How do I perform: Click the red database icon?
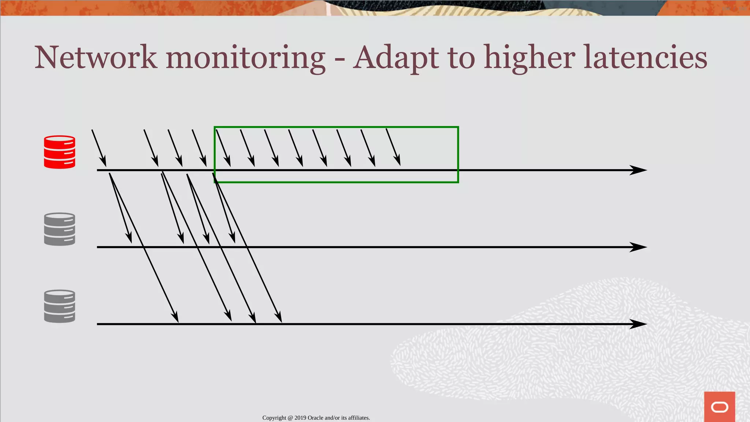coord(59,152)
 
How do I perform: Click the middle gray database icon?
coord(59,229)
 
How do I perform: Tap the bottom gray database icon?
coord(59,306)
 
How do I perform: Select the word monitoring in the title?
coord(245,59)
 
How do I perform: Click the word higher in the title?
coord(530,59)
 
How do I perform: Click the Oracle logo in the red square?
coord(719,407)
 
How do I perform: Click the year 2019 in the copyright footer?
coord(300,418)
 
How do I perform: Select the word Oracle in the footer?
coord(315,418)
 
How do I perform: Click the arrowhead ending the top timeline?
coord(639,170)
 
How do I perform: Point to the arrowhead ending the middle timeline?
coord(639,247)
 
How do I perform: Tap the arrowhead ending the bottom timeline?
coord(639,324)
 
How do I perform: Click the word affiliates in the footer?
coord(359,418)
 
